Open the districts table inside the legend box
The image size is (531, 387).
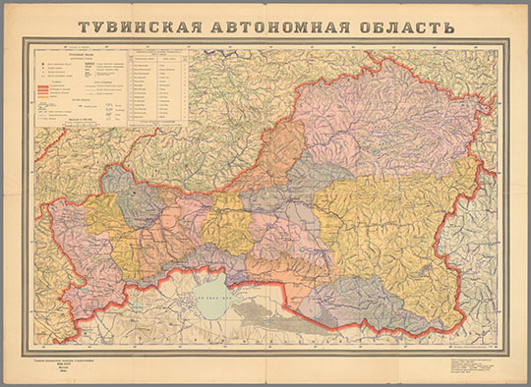point(157,86)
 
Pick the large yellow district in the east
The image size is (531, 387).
point(393,226)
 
